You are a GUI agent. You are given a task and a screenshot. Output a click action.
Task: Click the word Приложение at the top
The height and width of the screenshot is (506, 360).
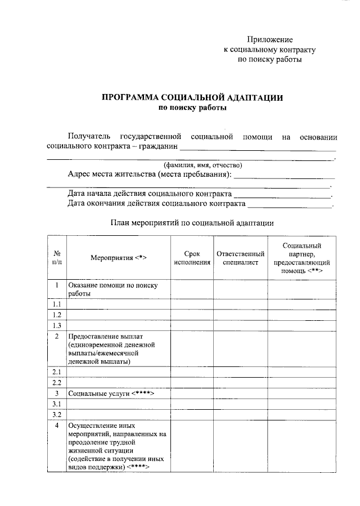pyautogui.click(x=270, y=39)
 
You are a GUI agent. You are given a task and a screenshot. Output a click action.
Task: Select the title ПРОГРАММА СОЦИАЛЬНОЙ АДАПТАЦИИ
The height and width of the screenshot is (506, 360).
pyautogui.click(x=192, y=97)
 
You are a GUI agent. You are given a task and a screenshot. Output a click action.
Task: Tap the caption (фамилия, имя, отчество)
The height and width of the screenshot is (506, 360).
pyautogui.click(x=202, y=165)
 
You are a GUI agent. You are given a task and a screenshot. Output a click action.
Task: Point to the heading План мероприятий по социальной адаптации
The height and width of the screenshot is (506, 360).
pyautogui.click(x=192, y=223)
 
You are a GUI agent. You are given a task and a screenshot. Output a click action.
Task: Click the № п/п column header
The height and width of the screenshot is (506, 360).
pyautogui.click(x=57, y=257)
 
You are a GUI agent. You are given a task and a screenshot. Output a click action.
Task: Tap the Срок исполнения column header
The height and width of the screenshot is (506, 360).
pyautogui.click(x=192, y=258)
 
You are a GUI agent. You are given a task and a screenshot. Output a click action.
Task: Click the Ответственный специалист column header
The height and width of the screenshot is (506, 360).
pyautogui.click(x=240, y=258)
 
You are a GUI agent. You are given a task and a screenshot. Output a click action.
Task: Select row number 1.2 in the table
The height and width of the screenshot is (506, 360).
pyautogui.click(x=57, y=315)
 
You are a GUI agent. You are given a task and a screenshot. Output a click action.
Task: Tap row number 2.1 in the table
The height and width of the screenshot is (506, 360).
pyautogui.click(x=57, y=372)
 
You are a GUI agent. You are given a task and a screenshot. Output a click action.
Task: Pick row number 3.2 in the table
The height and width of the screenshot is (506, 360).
pyautogui.click(x=57, y=415)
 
